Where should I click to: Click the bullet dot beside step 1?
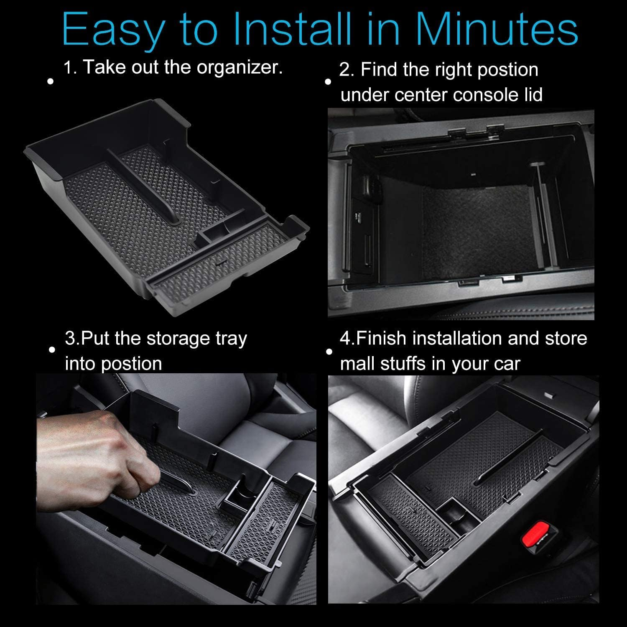(x=51, y=81)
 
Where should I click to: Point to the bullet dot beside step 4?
(x=329, y=352)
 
